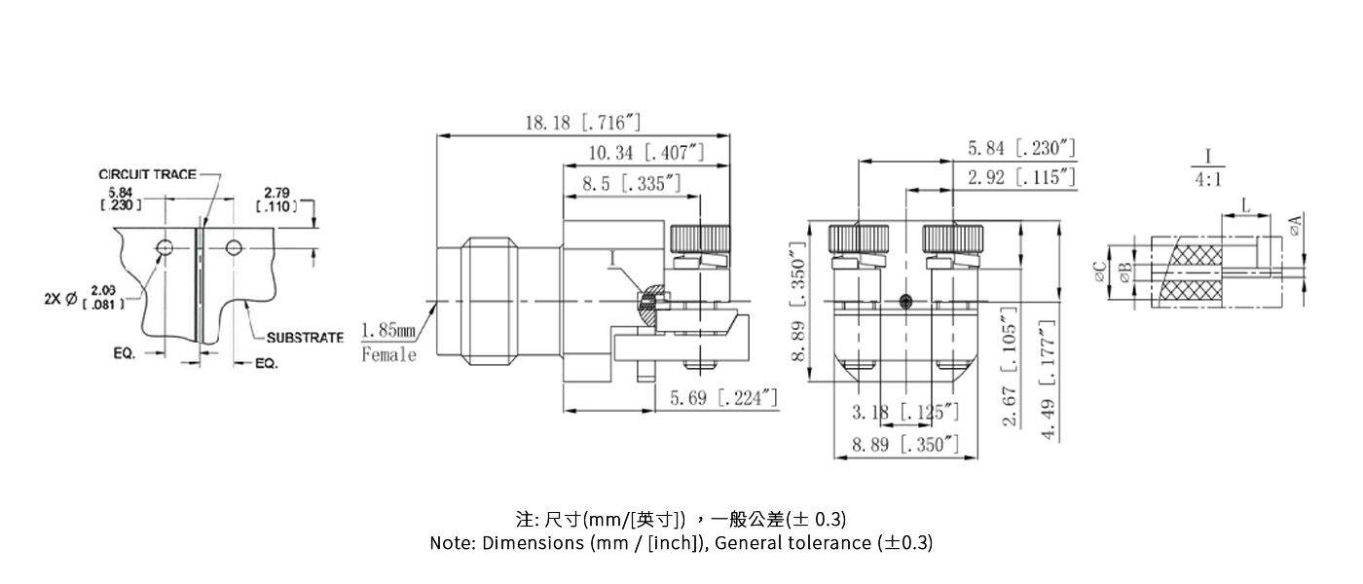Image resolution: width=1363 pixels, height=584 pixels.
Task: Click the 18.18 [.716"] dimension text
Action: (x=583, y=123)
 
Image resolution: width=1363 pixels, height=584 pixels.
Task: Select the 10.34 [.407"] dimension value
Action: (x=645, y=153)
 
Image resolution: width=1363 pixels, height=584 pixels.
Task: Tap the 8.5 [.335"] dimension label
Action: (x=632, y=183)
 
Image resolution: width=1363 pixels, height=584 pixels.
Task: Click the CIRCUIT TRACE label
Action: (x=147, y=174)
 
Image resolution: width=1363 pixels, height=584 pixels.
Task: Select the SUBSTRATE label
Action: (x=305, y=338)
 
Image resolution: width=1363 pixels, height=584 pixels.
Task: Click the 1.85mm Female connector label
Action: (x=388, y=343)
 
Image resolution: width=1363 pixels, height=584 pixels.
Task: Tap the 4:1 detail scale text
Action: (x=1208, y=180)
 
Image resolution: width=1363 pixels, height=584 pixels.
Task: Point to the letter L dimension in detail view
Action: (x=1246, y=204)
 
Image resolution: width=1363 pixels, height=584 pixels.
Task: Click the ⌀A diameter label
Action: (x=1295, y=226)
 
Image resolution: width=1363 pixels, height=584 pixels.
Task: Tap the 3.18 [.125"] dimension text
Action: (x=905, y=413)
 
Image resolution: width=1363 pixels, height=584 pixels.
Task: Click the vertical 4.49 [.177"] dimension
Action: (x=1050, y=380)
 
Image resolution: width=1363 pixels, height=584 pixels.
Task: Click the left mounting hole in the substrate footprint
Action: (x=165, y=248)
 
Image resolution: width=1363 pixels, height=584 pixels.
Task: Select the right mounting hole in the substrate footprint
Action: (x=234, y=248)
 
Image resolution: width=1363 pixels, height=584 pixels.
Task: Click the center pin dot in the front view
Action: (x=907, y=301)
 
